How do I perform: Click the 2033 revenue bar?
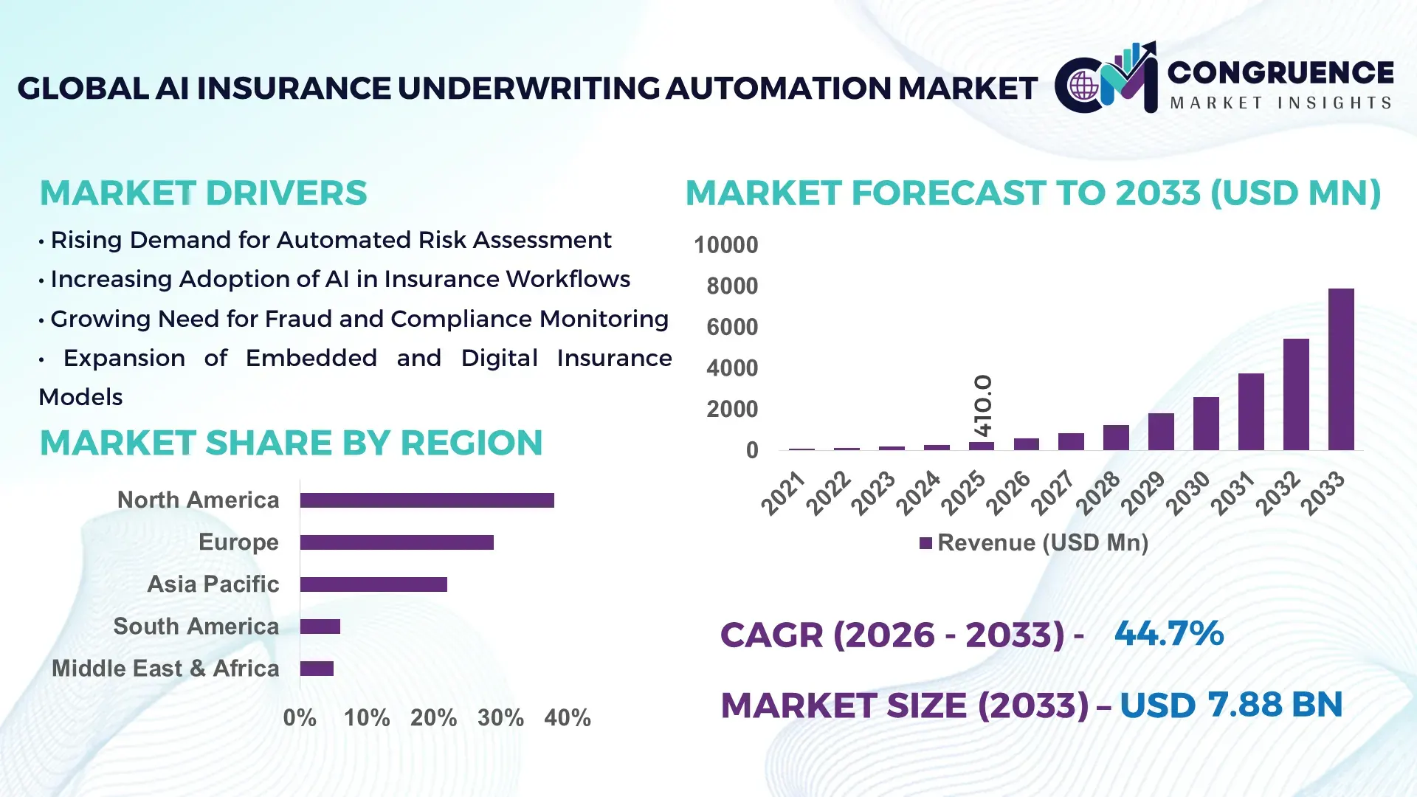[x=1341, y=369]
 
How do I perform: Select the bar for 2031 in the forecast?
[x=1251, y=412]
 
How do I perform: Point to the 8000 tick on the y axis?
[x=731, y=286]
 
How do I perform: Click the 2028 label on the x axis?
[x=1098, y=493]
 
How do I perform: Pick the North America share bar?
[x=427, y=500]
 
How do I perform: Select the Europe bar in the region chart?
[x=396, y=542]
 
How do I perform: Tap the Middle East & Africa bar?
[x=317, y=669]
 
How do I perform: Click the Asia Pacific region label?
[x=213, y=584]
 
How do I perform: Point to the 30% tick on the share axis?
[x=500, y=717]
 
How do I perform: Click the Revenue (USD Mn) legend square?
[x=925, y=543]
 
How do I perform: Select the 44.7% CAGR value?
[x=1168, y=633]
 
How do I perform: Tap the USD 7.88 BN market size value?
[x=1230, y=705]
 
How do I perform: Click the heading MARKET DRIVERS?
[x=203, y=193]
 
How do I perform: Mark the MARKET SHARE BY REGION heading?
[x=291, y=443]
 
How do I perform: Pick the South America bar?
[x=320, y=627]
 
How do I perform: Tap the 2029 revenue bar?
[x=1161, y=432]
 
